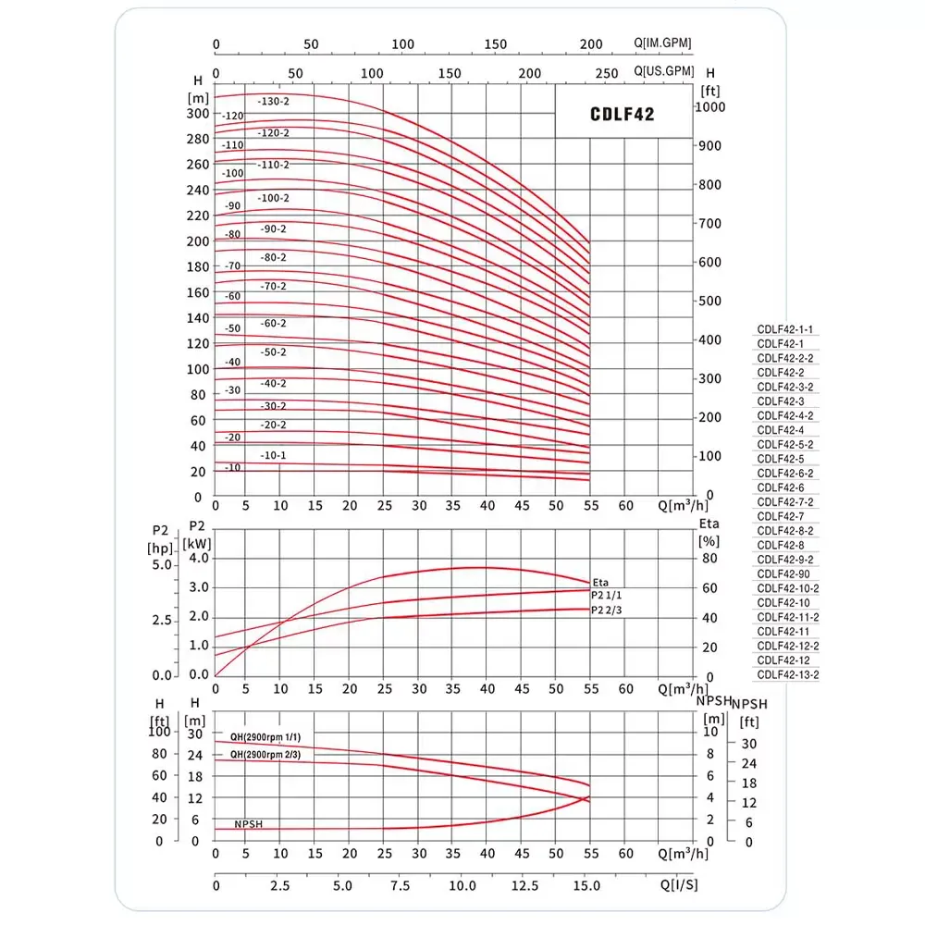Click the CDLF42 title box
pyautogui.click(x=623, y=114)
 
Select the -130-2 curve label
pyautogui.click(x=274, y=101)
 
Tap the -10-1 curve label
pyautogui.click(x=273, y=455)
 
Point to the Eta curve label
pyautogui.click(x=600, y=582)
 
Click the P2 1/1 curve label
pyautogui.click(x=606, y=596)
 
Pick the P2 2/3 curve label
pyautogui.click(x=606, y=610)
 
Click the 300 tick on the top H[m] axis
pyautogui.click(x=198, y=114)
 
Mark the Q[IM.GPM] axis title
pyautogui.click(x=662, y=43)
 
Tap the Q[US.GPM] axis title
pyautogui.click(x=663, y=70)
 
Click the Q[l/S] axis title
pyautogui.click(x=680, y=884)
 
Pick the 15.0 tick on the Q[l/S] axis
pyautogui.click(x=587, y=885)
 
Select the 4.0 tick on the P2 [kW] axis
pyautogui.click(x=199, y=558)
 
